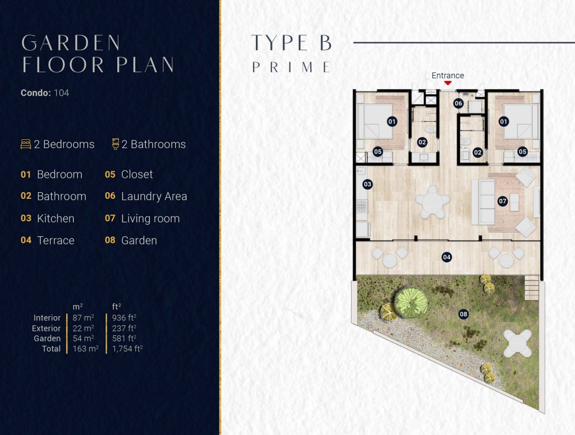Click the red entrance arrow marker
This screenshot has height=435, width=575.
pyautogui.click(x=448, y=83)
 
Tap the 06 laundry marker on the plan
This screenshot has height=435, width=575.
pyautogui.click(x=458, y=103)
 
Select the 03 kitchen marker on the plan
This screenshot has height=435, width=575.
pyautogui.click(x=368, y=184)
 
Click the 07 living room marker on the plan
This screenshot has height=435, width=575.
pyautogui.click(x=502, y=201)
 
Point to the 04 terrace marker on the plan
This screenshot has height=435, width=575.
pyautogui.click(x=446, y=257)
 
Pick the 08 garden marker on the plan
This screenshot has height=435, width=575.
pyautogui.click(x=463, y=314)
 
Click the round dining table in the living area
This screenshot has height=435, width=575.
pyautogui.click(x=432, y=202)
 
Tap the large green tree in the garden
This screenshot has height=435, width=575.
pyautogui.click(x=410, y=303)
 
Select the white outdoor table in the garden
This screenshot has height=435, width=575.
pyautogui.click(x=517, y=343)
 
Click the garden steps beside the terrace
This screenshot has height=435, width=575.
pyautogui.click(x=532, y=287)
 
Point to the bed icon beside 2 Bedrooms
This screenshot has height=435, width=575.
pyautogui.click(x=26, y=144)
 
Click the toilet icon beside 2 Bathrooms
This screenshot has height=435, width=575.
pyautogui.click(x=116, y=144)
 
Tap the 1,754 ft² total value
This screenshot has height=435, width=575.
pyautogui.click(x=127, y=349)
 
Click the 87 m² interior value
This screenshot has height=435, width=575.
pyautogui.click(x=83, y=318)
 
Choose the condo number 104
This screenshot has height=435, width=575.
pyautogui.click(x=61, y=93)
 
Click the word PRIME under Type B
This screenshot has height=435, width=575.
pyautogui.click(x=292, y=67)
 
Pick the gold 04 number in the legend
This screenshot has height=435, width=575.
pyautogui.click(x=26, y=241)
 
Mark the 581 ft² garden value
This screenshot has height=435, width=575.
pyautogui.click(x=124, y=338)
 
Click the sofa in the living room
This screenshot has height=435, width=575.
pyautogui.click(x=483, y=202)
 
